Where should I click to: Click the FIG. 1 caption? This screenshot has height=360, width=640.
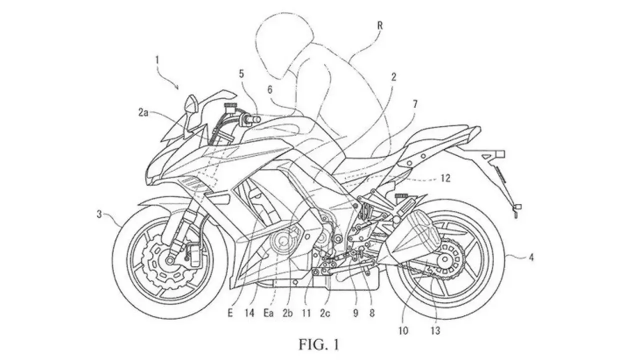(x=319, y=344)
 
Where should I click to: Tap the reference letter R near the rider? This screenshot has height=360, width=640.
(x=379, y=25)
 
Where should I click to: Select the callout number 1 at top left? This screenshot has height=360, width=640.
(x=157, y=60)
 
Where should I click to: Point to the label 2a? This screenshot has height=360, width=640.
(x=143, y=113)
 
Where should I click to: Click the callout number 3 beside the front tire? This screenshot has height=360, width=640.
(x=99, y=214)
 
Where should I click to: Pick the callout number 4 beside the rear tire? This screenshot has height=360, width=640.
(x=531, y=257)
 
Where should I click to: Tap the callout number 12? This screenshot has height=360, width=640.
(x=445, y=178)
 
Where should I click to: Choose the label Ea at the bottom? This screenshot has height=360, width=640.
(x=268, y=313)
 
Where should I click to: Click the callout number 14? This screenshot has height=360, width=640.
(x=249, y=313)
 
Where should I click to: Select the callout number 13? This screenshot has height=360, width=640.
(x=435, y=331)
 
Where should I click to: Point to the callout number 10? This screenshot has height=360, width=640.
(x=403, y=331)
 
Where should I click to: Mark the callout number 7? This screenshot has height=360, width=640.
(x=415, y=104)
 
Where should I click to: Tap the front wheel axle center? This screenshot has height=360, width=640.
(x=170, y=260)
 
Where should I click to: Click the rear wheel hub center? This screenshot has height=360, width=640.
(x=444, y=259)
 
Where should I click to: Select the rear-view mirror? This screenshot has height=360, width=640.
(x=191, y=105)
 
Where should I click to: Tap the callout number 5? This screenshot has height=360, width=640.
(x=241, y=74)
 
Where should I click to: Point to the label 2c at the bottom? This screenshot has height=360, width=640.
(x=325, y=313)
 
